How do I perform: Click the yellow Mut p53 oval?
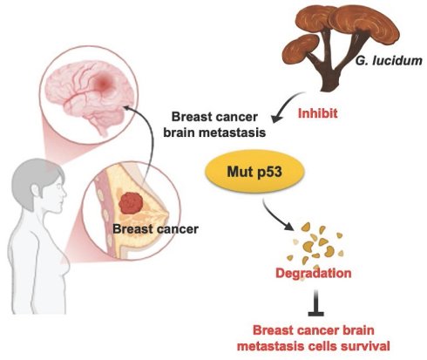click(x=254, y=172)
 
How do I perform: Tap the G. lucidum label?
click(x=389, y=61)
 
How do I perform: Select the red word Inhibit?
click(x=318, y=113)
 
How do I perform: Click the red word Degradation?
click(x=314, y=273)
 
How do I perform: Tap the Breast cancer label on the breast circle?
click(x=155, y=229)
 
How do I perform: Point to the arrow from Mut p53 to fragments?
click(x=277, y=215)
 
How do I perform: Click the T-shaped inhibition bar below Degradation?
click(x=316, y=303)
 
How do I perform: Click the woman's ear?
click(x=36, y=191)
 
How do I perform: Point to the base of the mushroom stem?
click(x=330, y=85)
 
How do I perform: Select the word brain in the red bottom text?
click(x=359, y=330)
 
